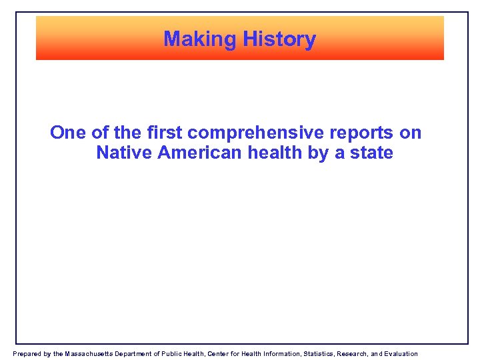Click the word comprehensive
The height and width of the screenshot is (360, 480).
[249, 133]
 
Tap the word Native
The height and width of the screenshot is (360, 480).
[124, 153]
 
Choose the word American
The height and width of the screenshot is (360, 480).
[200, 153]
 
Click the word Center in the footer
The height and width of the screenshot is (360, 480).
[221, 354]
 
